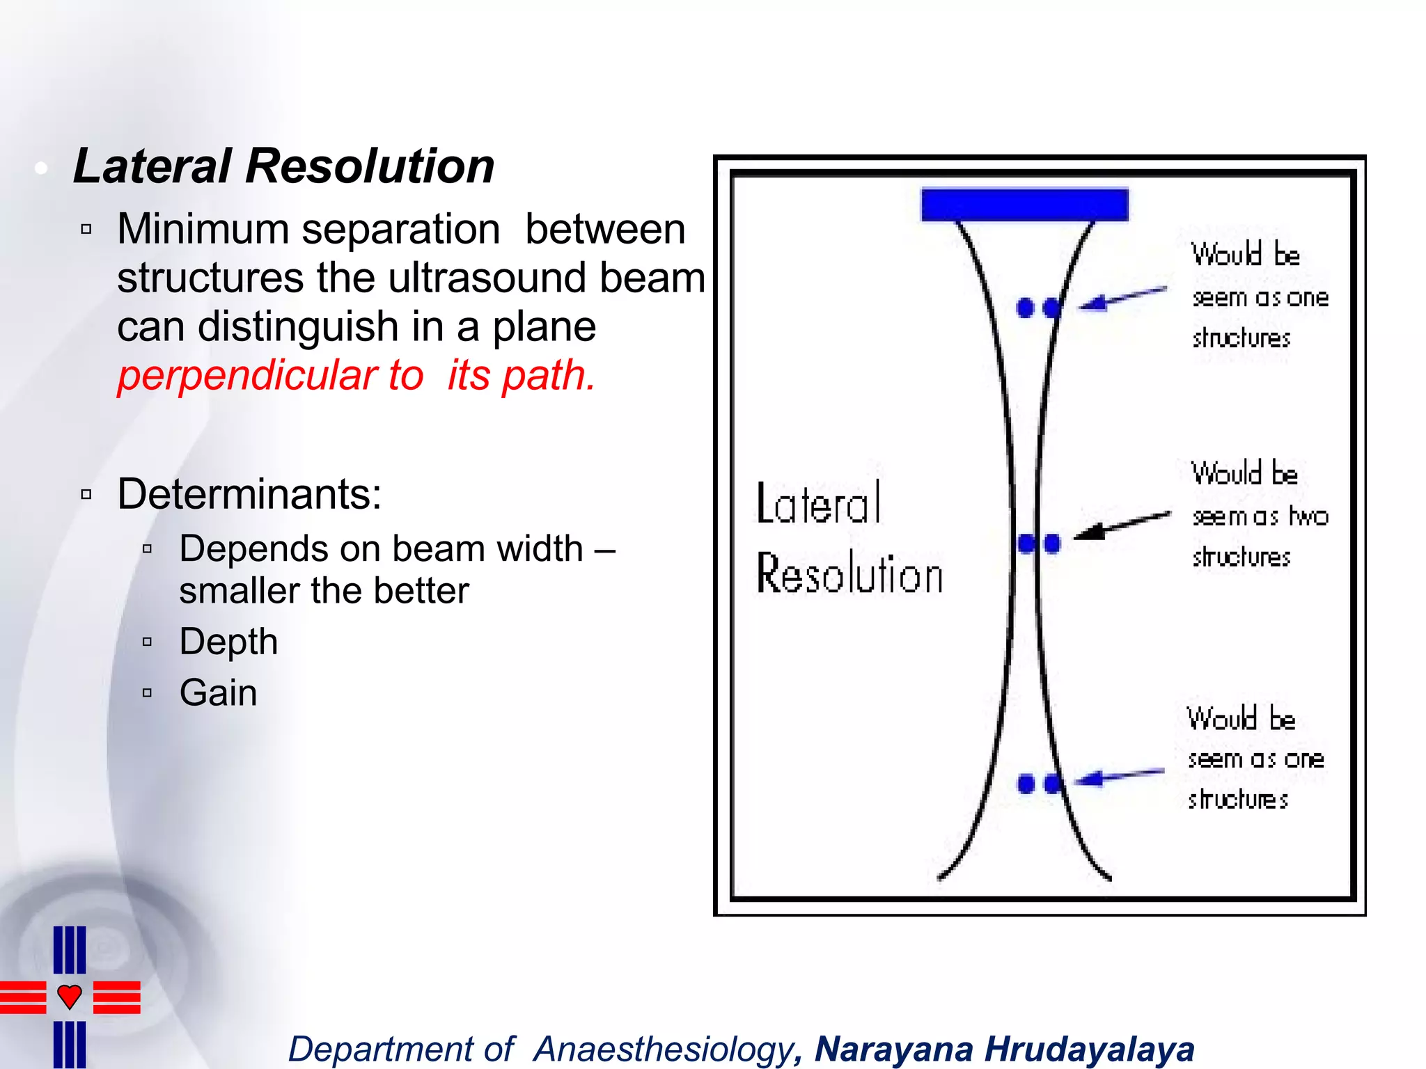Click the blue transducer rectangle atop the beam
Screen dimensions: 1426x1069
coord(1024,205)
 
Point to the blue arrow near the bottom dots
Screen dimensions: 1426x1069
coord(1118,775)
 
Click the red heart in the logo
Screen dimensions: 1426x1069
coord(70,997)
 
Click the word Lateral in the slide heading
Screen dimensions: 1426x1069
coord(152,167)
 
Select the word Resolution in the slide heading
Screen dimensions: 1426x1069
coord(370,167)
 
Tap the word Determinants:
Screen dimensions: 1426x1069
coord(249,494)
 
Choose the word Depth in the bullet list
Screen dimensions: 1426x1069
coord(228,642)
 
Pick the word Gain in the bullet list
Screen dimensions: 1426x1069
coord(218,693)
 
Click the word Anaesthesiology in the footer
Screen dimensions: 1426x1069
coord(663,1050)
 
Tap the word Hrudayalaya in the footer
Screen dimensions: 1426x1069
coord(1090,1050)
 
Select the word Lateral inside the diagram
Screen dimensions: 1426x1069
coord(819,503)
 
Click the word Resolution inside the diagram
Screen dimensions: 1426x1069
coord(849,574)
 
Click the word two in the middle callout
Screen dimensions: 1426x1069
coord(1308,516)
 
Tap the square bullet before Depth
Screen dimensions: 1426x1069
coord(147,642)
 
